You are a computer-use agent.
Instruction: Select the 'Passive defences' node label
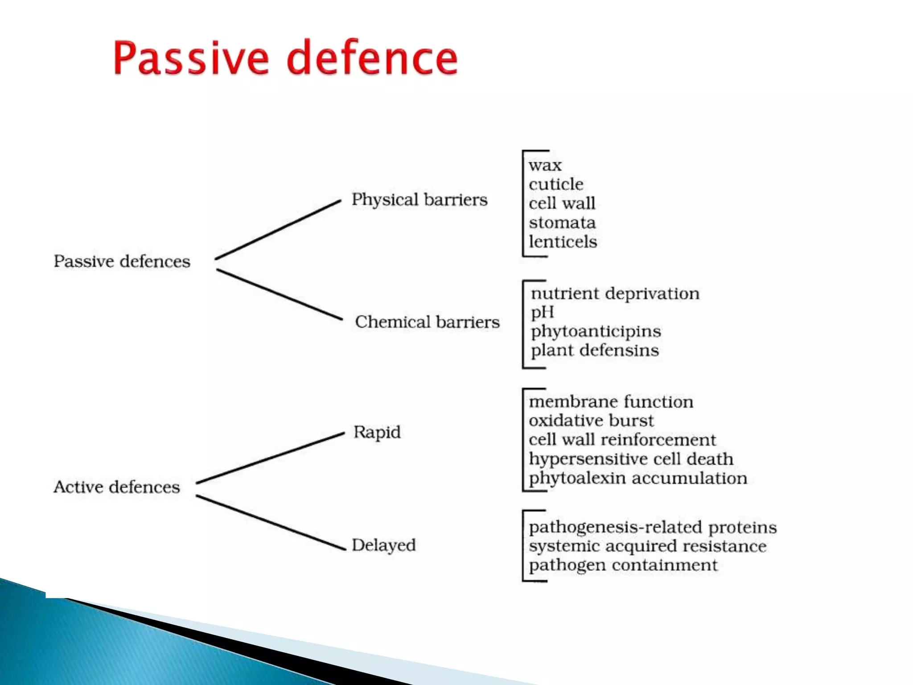pos(122,261)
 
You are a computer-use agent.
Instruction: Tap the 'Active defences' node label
pos(117,487)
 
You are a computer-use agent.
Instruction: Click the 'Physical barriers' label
pos(419,199)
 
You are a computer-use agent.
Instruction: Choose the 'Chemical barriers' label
pos(427,322)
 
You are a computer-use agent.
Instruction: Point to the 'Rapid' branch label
pos(377,432)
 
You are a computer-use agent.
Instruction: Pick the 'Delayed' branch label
pos(383,545)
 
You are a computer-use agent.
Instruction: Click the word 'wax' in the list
pos(545,165)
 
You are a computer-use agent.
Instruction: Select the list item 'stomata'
pos(562,223)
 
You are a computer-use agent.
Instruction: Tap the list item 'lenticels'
pos(563,242)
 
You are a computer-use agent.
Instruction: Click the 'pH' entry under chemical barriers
pos(542,312)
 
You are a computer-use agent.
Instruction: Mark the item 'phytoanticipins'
pos(596,331)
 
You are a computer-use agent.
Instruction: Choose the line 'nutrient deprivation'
pos(615,293)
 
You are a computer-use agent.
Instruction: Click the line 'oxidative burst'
pos(591,421)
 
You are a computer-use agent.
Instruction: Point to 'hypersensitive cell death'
pos(630,459)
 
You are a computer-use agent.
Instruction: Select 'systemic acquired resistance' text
pos(647,546)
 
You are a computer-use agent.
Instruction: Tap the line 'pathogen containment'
pos(623,565)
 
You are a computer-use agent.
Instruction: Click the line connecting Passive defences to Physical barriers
pos(278,230)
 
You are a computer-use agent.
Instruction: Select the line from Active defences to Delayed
pos(271,522)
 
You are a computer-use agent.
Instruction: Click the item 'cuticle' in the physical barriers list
pos(555,184)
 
